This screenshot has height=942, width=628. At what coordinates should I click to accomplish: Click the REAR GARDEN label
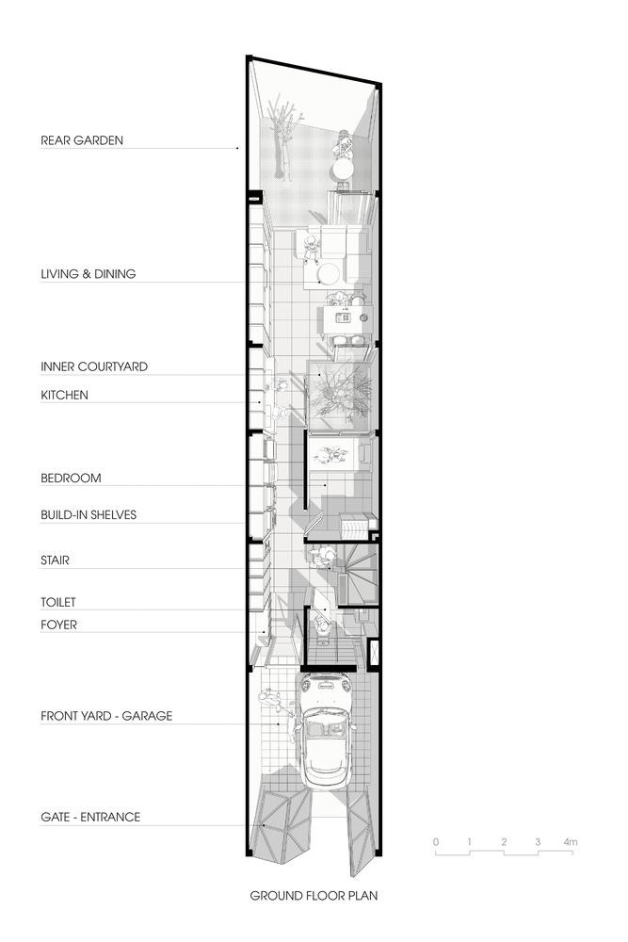(x=82, y=140)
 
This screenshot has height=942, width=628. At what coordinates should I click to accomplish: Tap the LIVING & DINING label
(x=89, y=274)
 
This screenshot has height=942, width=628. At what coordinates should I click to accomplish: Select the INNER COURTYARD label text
(x=94, y=366)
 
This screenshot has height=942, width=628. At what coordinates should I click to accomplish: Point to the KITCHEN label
(x=64, y=396)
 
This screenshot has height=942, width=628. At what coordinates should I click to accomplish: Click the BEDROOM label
(x=71, y=479)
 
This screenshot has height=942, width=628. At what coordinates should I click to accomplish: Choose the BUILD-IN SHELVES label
(x=89, y=515)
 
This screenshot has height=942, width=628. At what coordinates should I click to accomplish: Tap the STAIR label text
(x=55, y=560)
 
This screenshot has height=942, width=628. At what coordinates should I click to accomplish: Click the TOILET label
(x=58, y=602)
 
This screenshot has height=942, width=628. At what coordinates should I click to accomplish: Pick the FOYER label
(x=58, y=625)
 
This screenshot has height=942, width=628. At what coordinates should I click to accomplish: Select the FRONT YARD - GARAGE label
(x=106, y=716)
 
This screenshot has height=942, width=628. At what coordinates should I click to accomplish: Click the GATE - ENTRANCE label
(x=90, y=817)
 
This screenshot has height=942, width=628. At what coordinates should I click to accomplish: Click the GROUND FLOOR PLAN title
(x=314, y=896)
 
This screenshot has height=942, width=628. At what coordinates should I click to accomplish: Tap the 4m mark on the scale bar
(x=571, y=841)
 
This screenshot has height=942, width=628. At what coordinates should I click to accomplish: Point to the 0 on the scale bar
(x=436, y=841)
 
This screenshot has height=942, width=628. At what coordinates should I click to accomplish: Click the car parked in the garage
(x=328, y=730)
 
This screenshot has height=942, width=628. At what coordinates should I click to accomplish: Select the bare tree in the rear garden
(x=282, y=138)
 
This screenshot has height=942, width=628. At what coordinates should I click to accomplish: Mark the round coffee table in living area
(x=329, y=274)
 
